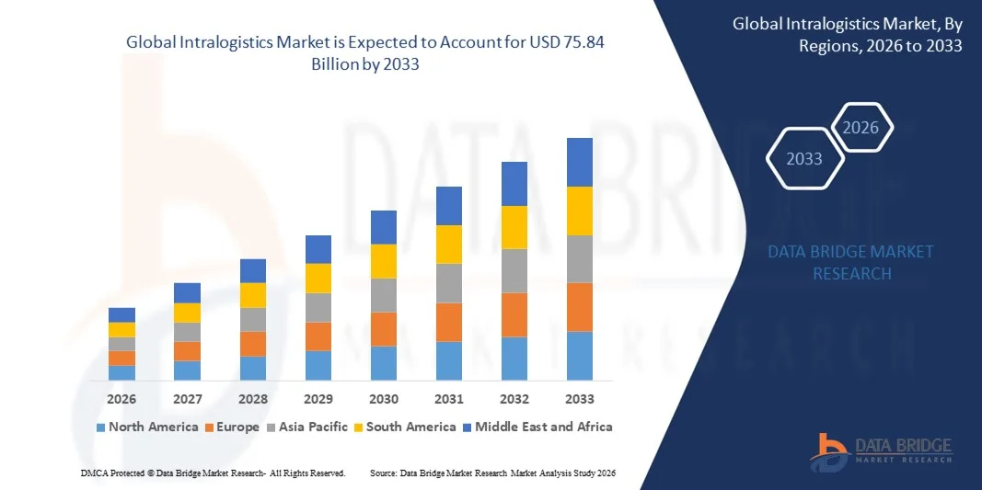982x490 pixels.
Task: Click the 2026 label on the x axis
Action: click(x=121, y=399)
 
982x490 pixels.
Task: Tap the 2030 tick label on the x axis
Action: click(x=384, y=399)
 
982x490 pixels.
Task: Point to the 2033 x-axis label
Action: click(x=580, y=399)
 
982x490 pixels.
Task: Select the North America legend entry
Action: click(x=147, y=427)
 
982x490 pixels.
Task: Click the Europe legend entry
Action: click(x=232, y=427)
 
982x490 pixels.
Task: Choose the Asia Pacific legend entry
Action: click(x=307, y=427)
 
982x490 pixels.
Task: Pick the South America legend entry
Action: click(x=405, y=427)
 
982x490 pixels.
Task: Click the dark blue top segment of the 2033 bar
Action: click(x=580, y=162)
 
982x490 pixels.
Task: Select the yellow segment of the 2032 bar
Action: click(x=514, y=227)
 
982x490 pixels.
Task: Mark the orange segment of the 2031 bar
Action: click(x=449, y=322)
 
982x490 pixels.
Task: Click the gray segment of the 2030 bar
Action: click(x=384, y=295)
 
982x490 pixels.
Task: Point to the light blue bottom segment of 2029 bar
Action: click(x=318, y=365)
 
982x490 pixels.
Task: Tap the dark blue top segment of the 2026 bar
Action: click(x=121, y=314)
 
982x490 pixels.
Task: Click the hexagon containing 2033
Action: click(x=805, y=159)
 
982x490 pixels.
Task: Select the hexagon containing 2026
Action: click(x=861, y=128)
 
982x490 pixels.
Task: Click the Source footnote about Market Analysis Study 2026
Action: click(x=491, y=473)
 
